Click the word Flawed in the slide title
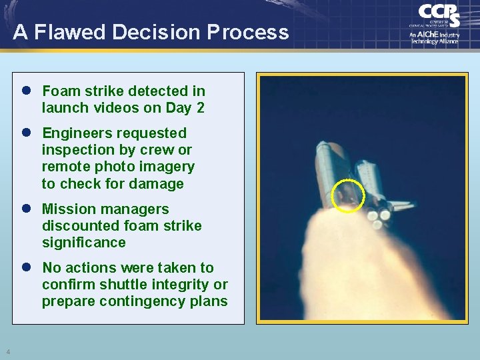point(83,32)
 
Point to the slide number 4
point(8,352)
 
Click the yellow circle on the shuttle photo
point(348,196)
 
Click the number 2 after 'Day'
point(200,108)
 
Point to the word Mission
point(67,209)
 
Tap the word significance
point(83,243)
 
